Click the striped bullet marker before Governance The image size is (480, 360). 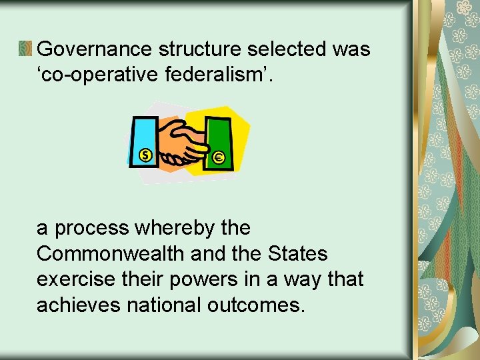pyautogui.click(x=25, y=49)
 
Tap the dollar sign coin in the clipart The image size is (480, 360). pyautogui.click(x=145, y=155)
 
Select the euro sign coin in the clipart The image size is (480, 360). pyautogui.click(x=219, y=158)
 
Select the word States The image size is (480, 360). pyautogui.click(x=297, y=254)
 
